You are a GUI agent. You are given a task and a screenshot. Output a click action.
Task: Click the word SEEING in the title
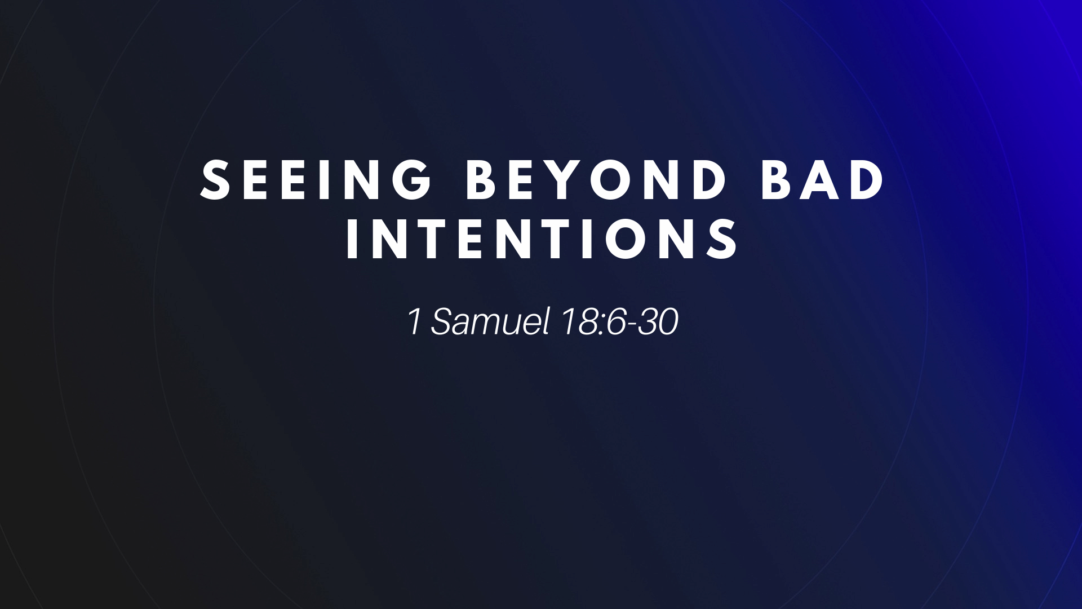317,180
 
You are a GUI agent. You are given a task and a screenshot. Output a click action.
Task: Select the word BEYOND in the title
596,180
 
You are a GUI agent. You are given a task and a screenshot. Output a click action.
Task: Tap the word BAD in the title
822,180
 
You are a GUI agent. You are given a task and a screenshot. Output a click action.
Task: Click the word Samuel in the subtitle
490,321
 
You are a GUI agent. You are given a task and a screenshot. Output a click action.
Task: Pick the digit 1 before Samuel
414,321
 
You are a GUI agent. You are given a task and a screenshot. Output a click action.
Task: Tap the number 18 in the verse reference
577,321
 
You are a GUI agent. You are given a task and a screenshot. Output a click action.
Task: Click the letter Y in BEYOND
564,180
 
